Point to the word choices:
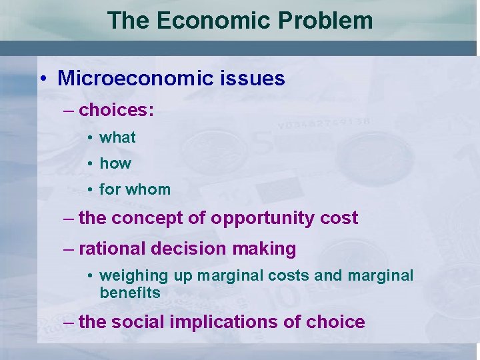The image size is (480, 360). click(117, 110)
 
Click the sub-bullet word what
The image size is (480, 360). click(117, 137)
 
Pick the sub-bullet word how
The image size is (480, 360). click(115, 163)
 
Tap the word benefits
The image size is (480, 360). click(130, 293)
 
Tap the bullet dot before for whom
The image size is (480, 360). click(89, 190)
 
